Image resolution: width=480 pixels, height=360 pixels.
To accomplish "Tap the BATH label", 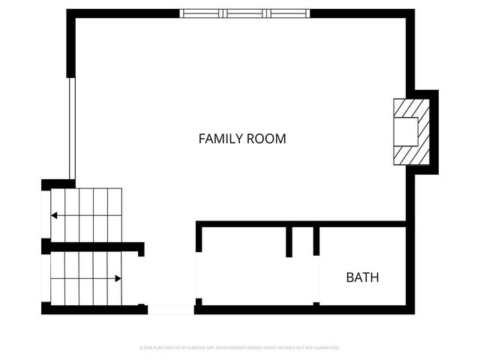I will point(362,277).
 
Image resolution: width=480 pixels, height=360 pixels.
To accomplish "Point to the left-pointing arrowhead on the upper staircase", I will point(54,216).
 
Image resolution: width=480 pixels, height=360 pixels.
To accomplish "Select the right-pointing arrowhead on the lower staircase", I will point(118,278).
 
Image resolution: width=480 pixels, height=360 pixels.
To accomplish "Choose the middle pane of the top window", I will point(245,13).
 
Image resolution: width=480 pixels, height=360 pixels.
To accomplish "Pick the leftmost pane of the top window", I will point(202,13).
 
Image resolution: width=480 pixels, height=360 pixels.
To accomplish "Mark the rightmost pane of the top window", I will point(288,13).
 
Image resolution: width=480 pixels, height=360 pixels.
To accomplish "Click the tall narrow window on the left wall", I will point(72,127).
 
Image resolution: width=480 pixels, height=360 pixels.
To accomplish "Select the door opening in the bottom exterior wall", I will point(171,309).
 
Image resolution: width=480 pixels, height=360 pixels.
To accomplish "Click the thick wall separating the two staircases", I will point(94,247).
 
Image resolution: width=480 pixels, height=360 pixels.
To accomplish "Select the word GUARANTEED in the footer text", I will point(325,348).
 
